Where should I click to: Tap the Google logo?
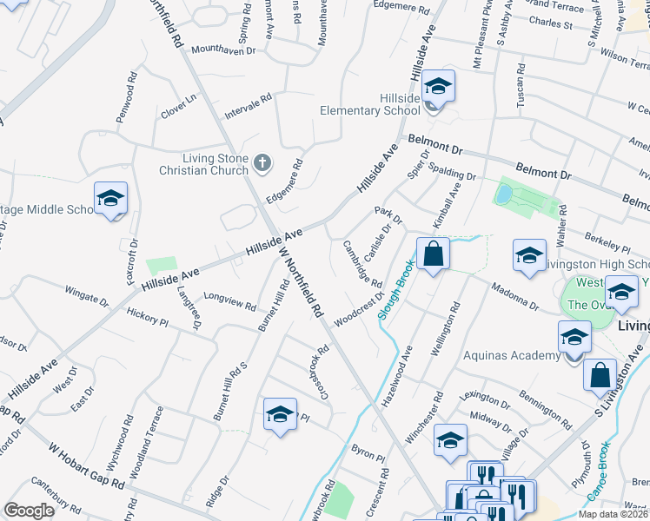tap(29, 511)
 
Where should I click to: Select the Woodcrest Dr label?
tap(359, 307)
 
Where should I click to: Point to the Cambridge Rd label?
tap(362, 264)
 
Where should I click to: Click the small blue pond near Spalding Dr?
tap(503, 195)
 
